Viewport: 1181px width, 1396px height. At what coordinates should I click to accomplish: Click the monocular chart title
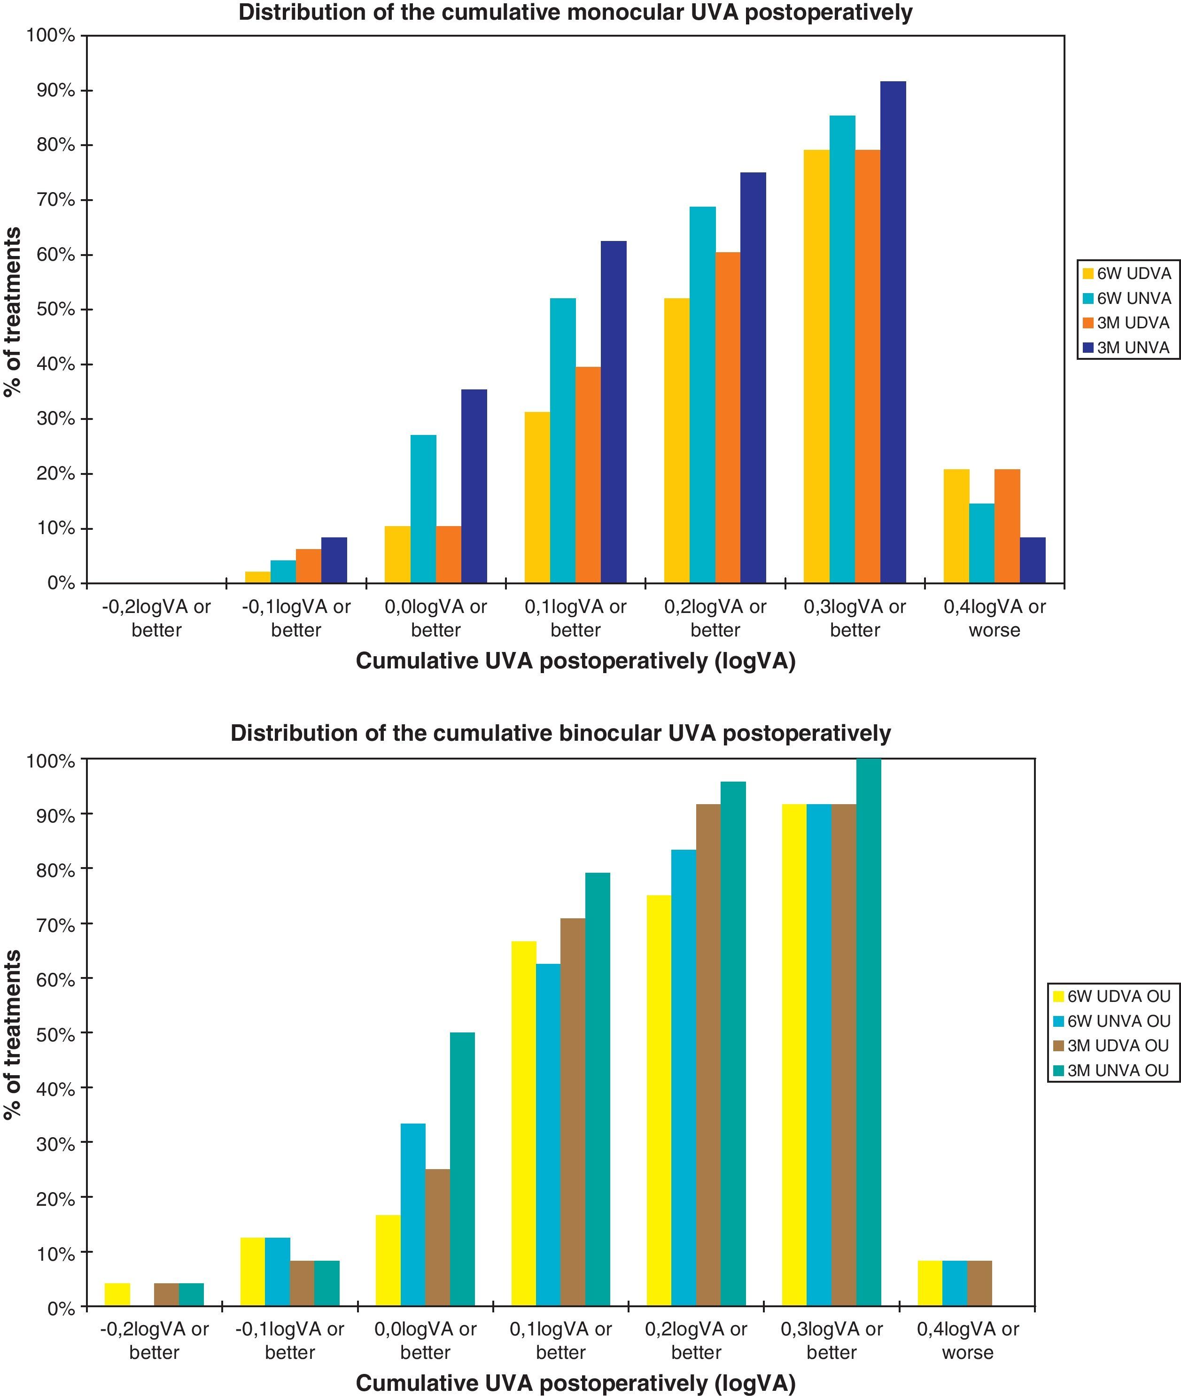pos(575,13)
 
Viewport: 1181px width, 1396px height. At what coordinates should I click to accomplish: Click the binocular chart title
pos(560,733)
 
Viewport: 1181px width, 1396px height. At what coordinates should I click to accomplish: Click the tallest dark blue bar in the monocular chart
pos(893,332)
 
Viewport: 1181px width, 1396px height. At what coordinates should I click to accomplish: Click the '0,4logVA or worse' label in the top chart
pos(994,619)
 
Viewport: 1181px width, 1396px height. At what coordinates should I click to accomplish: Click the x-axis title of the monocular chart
pos(575,661)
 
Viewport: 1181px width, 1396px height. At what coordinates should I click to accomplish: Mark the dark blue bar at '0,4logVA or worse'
pos(1033,560)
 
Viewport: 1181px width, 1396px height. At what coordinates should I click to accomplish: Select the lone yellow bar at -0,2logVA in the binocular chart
pos(118,1294)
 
